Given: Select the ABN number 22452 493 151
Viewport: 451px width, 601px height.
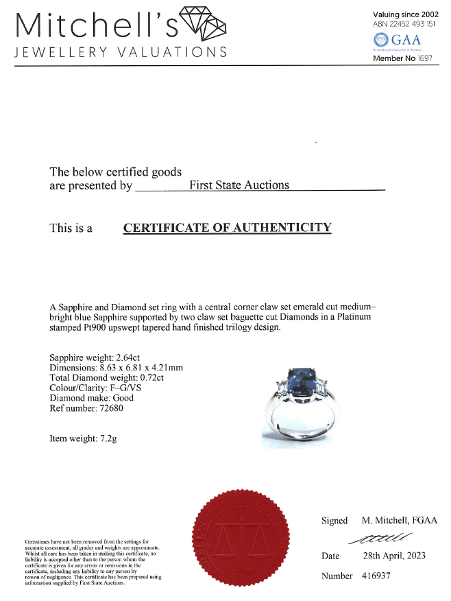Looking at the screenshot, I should coord(411,23).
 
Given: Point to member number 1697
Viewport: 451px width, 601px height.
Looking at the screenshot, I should coord(426,58).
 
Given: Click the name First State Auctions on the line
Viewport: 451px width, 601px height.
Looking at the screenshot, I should coord(239,185).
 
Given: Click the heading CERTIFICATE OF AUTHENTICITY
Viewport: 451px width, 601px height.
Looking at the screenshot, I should coord(227,228).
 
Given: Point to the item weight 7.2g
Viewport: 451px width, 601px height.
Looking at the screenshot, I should coord(106,438).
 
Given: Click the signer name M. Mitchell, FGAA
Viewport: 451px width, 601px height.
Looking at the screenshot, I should coord(399,521).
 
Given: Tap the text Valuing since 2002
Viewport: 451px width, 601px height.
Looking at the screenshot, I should coord(409,14).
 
